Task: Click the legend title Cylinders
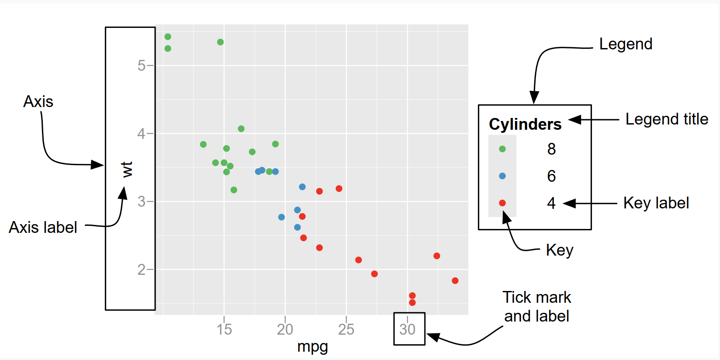pyautogui.click(x=525, y=125)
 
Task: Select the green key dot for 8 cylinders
pyautogui.click(x=502, y=149)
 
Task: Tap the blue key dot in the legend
pyautogui.click(x=502, y=176)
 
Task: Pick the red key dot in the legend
pyautogui.click(x=502, y=203)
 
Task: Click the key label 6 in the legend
pyautogui.click(x=551, y=176)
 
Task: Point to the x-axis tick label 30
pyautogui.click(x=407, y=329)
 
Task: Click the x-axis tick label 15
pyautogui.click(x=224, y=329)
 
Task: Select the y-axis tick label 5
pyautogui.click(x=142, y=66)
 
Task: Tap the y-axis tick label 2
pyautogui.click(x=142, y=270)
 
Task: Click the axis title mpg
pyautogui.click(x=313, y=346)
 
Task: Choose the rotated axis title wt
pyautogui.click(x=127, y=170)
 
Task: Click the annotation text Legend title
pyautogui.click(x=667, y=119)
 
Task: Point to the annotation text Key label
pyautogui.click(x=656, y=203)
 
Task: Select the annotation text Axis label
pyautogui.click(x=43, y=228)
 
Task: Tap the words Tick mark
pyautogui.click(x=537, y=298)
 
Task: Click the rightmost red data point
pyautogui.click(x=455, y=280)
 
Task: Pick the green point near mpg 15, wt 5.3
pyautogui.click(x=220, y=42)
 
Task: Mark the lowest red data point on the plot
pyautogui.click(x=412, y=302)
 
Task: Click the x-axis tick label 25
pyautogui.click(x=346, y=329)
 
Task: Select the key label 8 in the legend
pyautogui.click(x=551, y=149)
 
